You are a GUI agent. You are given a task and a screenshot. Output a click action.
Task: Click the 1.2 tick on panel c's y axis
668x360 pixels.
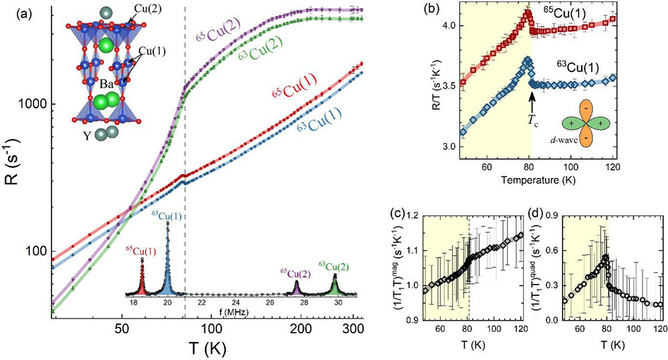click(414, 216)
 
